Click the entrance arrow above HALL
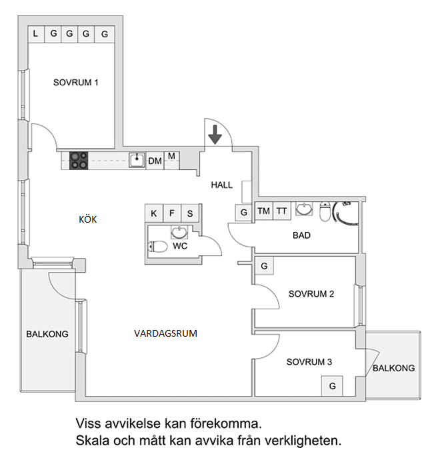click(x=215, y=133)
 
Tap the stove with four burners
click(x=79, y=160)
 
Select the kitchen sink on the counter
click(x=137, y=159)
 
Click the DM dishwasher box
click(x=155, y=161)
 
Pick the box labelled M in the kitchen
click(x=171, y=157)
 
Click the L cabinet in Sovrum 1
click(x=35, y=33)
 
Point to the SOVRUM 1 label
click(x=76, y=83)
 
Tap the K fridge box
click(x=154, y=213)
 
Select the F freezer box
click(x=172, y=213)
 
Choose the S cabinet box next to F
click(x=190, y=213)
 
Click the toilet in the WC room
click(x=157, y=246)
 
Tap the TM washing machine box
click(x=264, y=211)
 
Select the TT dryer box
click(x=282, y=211)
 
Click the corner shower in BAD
click(x=346, y=210)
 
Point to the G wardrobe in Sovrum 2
click(x=264, y=266)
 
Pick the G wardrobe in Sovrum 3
click(x=332, y=386)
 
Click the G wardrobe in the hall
click(x=244, y=213)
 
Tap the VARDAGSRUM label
click(x=165, y=333)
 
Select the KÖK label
click(x=88, y=219)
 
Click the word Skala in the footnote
click(x=92, y=441)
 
